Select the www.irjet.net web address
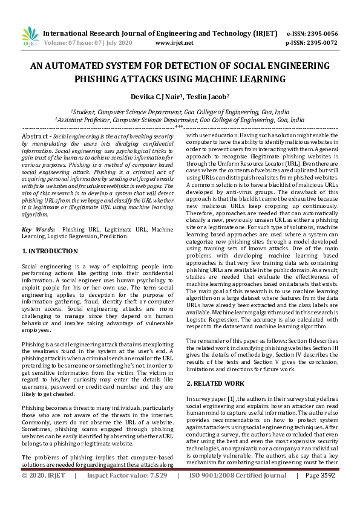[x=174, y=44]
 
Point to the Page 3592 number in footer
[x=320, y=493]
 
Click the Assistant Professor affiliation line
[x=179, y=120]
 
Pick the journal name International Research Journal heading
[x=151, y=33]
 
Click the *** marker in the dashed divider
[x=179, y=128]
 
